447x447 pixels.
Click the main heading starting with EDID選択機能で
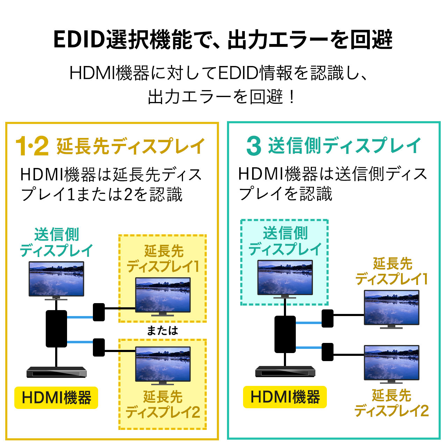pos(223,39)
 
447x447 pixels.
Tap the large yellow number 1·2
pos(32,146)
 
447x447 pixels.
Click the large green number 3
pos(254,146)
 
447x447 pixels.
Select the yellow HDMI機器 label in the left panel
pos(56,398)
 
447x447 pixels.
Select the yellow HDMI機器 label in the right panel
pos(285,397)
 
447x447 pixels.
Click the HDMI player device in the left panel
pos(57,372)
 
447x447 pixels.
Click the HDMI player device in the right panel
pos(285,371)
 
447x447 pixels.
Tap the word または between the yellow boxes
pos(162,330)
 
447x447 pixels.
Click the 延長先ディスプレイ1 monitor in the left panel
pos(163,295)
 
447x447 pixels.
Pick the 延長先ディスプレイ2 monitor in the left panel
pos(163,364)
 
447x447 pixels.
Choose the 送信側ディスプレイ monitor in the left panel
pos(56,279)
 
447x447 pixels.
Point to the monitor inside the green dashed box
pos(285,278)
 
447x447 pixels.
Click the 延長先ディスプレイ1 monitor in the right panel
pos(391,308)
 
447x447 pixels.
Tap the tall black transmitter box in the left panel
pos(56,329)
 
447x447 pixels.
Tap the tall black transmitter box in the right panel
pos(285,334)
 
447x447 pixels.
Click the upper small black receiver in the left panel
pos(99,312)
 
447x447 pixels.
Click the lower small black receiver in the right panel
pos(327,352)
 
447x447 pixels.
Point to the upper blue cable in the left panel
pos(80,317)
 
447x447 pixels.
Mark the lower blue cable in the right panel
pos(309,347)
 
